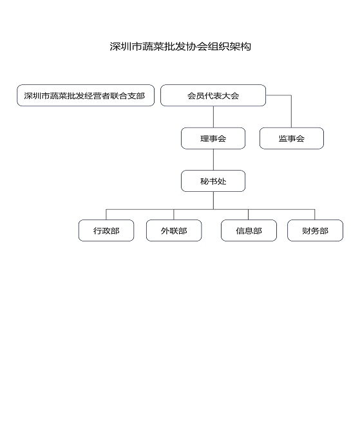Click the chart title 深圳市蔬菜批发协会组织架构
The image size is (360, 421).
point(180,46)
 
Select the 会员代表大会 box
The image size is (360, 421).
point(213,95)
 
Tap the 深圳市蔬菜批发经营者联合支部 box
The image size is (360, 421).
point(86,95)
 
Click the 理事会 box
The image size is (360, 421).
point(213,138)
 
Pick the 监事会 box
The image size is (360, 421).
point(292,138)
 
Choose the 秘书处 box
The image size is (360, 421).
point(213,181)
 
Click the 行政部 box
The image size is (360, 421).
point(106,230)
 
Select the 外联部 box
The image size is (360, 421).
point(174,230)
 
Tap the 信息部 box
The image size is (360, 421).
point(249,230)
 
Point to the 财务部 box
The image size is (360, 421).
point(315,230)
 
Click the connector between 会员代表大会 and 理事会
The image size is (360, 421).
point(213,117)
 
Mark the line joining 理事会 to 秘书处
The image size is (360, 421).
point(213,160)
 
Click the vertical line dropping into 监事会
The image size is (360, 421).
point(291,111)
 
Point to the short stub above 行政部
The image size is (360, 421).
point(106,214)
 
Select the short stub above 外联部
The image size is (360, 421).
point(174,214)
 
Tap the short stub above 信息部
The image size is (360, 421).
point(248,214)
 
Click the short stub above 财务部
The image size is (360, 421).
point(314,214)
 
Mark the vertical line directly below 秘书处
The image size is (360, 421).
point(213,201)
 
